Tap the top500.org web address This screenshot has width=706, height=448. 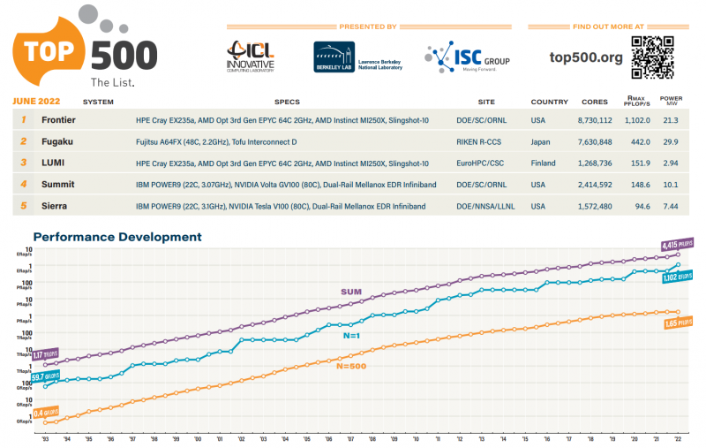[x=585, y=58]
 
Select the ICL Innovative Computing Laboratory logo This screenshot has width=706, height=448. [x=251, y=57]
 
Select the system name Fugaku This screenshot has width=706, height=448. [x=56, y=141]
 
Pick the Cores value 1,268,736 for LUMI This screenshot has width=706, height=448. [x=593, y=163]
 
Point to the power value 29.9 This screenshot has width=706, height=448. [x=670, y=141]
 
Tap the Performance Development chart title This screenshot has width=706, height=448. [x=116, y=237]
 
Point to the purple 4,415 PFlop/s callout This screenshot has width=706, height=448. [x=678, y=244]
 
